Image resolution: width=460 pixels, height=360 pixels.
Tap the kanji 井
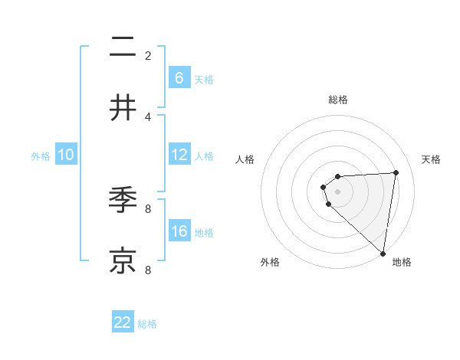[123, 108]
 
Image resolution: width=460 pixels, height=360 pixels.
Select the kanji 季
[123, 201]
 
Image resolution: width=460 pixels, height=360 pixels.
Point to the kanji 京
[123, 260]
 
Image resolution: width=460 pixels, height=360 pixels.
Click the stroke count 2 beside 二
[148, 56]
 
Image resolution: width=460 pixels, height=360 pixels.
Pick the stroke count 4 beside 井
[148, 116]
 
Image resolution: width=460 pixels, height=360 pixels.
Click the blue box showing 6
[179, 77]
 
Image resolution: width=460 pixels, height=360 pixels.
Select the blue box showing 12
[179, 155]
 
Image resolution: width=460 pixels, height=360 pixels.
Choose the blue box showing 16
[179, 231]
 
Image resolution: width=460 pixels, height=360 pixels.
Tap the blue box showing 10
[66, 155]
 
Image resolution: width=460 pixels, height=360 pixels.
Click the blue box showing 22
[123, 322]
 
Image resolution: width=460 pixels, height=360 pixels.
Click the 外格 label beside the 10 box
[41, 156]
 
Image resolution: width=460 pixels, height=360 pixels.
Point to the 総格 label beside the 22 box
[147, 324]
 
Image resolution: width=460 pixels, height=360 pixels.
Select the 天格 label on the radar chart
[432, 159]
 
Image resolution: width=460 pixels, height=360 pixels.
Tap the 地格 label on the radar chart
[402, 262]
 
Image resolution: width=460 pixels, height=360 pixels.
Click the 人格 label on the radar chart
[245, 159]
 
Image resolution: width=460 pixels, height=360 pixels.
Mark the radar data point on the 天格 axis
[396, 172]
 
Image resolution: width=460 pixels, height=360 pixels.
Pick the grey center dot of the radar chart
[338, 191]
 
